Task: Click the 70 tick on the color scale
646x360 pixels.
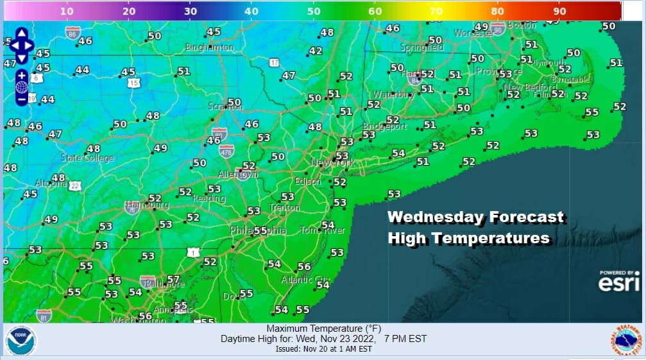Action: point(436,11)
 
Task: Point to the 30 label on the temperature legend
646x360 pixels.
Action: point(191,11)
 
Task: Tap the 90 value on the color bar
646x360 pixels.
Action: point(559,11)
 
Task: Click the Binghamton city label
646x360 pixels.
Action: point(209,47)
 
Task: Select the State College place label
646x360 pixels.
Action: point(87,158)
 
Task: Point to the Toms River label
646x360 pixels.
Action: point(323,230)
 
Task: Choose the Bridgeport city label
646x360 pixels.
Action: point(385,126)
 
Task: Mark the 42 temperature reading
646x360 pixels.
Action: point(316,51)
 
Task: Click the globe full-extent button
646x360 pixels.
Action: point(21,87)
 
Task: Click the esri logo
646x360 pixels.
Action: point(618,281)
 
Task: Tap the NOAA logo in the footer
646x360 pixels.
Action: point(21,341)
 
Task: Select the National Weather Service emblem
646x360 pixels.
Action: point(625,341)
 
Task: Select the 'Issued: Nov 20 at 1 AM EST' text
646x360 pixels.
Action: point(324,350)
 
